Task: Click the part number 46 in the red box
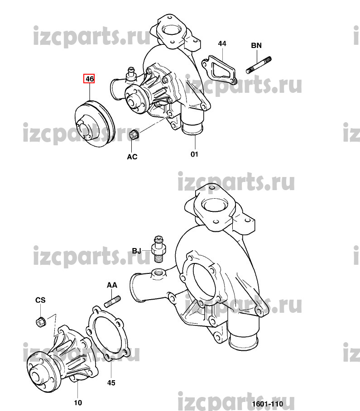point(89,79)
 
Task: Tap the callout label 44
point(222,43)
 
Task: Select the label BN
point(256,45)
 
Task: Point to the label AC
point(132,157)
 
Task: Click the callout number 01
point(194,154)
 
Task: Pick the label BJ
point(136,251)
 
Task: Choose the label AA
point(112,285)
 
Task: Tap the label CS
point(40,300)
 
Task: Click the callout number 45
point(111,382)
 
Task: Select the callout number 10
point(78,402)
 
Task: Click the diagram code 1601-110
point(268,404)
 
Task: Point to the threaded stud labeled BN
point(259,65)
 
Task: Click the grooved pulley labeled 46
point(95,124)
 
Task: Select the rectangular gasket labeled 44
point(219,69)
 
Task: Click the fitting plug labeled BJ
point(158,249)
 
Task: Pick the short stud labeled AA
point(112,301)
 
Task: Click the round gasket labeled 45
point(108,333)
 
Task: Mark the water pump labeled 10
point(62,358)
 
